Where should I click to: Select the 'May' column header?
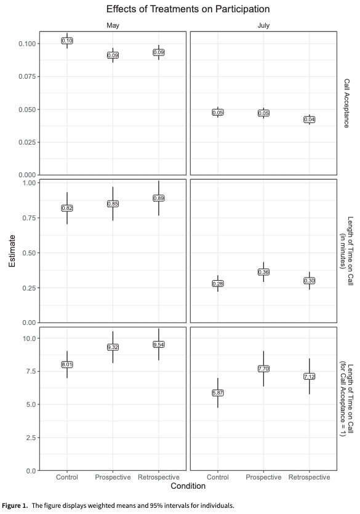click(x=113, y=26)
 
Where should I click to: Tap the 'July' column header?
click(x=263, y=26)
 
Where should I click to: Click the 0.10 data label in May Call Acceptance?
click(x=68, y=41)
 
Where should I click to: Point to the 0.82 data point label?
click(x=68, y=209)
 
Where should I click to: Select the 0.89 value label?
click(x=159, y=198)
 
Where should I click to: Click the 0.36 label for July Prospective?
click(x=263, y=272)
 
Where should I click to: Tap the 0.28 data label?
click(x=218, y=284)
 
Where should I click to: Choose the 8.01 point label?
click(x=68, y=365)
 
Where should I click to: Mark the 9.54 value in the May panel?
click(x=159, y=345)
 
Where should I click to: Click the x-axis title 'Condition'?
click(x=188, y=486)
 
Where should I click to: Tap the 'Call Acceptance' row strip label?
click(x=346, y=103)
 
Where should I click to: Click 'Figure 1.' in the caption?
click(x=15, y=505)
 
